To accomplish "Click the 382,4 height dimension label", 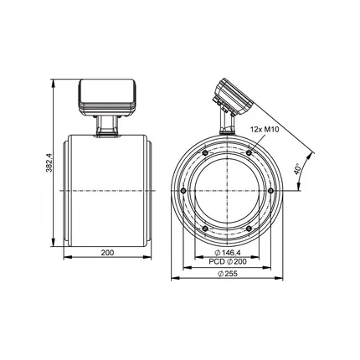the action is [49, 162].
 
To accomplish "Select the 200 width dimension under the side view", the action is [107, 253].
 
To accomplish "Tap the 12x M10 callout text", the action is [265, 129].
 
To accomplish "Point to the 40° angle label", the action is [297, 169].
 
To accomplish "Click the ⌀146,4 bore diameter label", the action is [228, 253].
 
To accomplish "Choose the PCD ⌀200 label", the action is [228, 261].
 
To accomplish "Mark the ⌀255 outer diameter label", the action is [228, 274].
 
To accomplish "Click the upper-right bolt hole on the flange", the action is [249, 152].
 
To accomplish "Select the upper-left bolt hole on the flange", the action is [205, 152].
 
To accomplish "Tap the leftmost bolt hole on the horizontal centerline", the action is [183, 191].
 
